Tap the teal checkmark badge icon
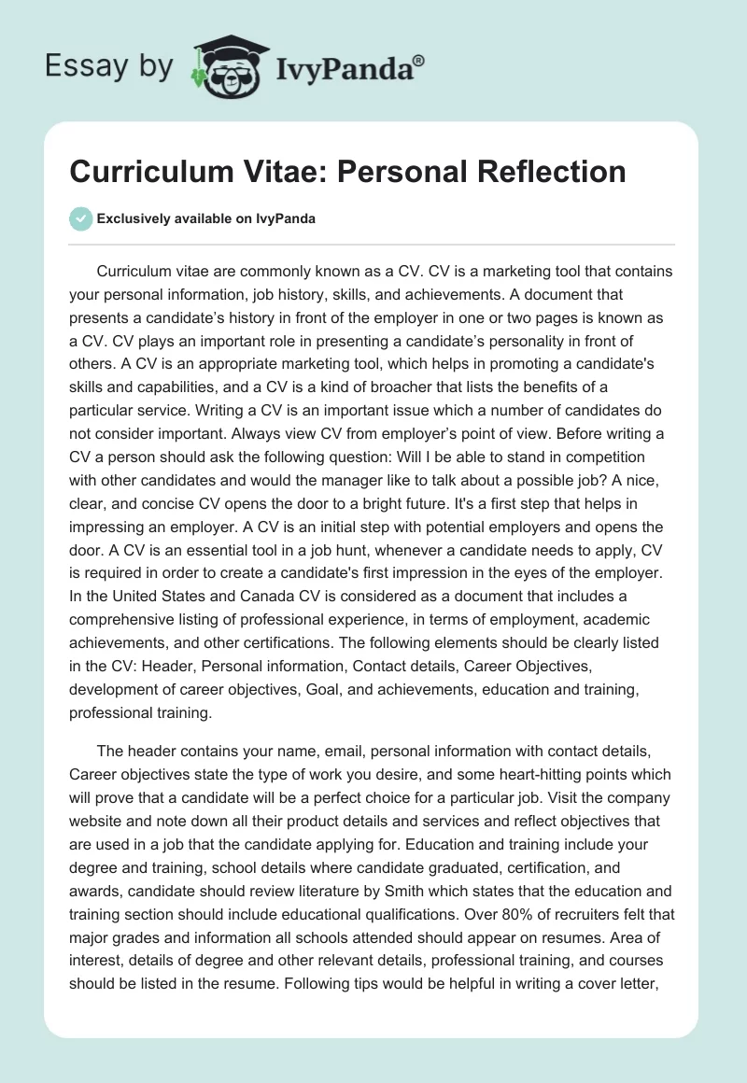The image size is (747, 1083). [81, 218]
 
